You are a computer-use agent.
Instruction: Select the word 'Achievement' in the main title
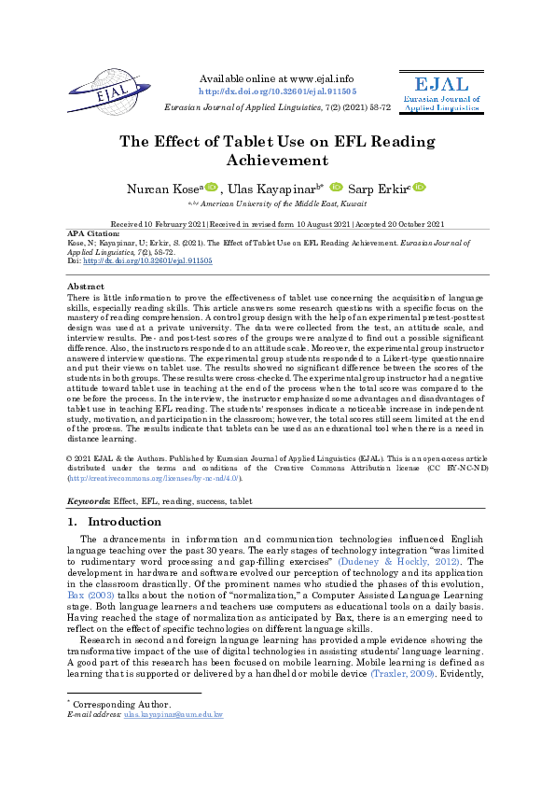[277, 161]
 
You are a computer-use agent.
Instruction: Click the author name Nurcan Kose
[165, 189]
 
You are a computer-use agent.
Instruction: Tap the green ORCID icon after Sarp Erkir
[420, 188]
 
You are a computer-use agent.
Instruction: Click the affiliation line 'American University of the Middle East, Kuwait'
[282, 202]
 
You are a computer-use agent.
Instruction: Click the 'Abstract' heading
[87, 287]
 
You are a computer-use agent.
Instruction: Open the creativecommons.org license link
[154, 478]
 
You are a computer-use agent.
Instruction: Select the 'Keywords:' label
[90, 501]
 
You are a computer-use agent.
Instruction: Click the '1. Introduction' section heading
[116, 522]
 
